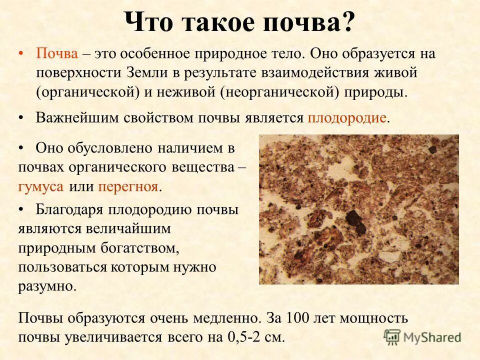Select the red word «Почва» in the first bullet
[56, 54]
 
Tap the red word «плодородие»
[347, 118]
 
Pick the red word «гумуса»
[41, 187]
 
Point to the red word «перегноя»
[128, 187]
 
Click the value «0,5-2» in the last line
[247, 337]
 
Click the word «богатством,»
[135, 248]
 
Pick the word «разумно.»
[48, 286]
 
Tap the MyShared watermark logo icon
[392, 336]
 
